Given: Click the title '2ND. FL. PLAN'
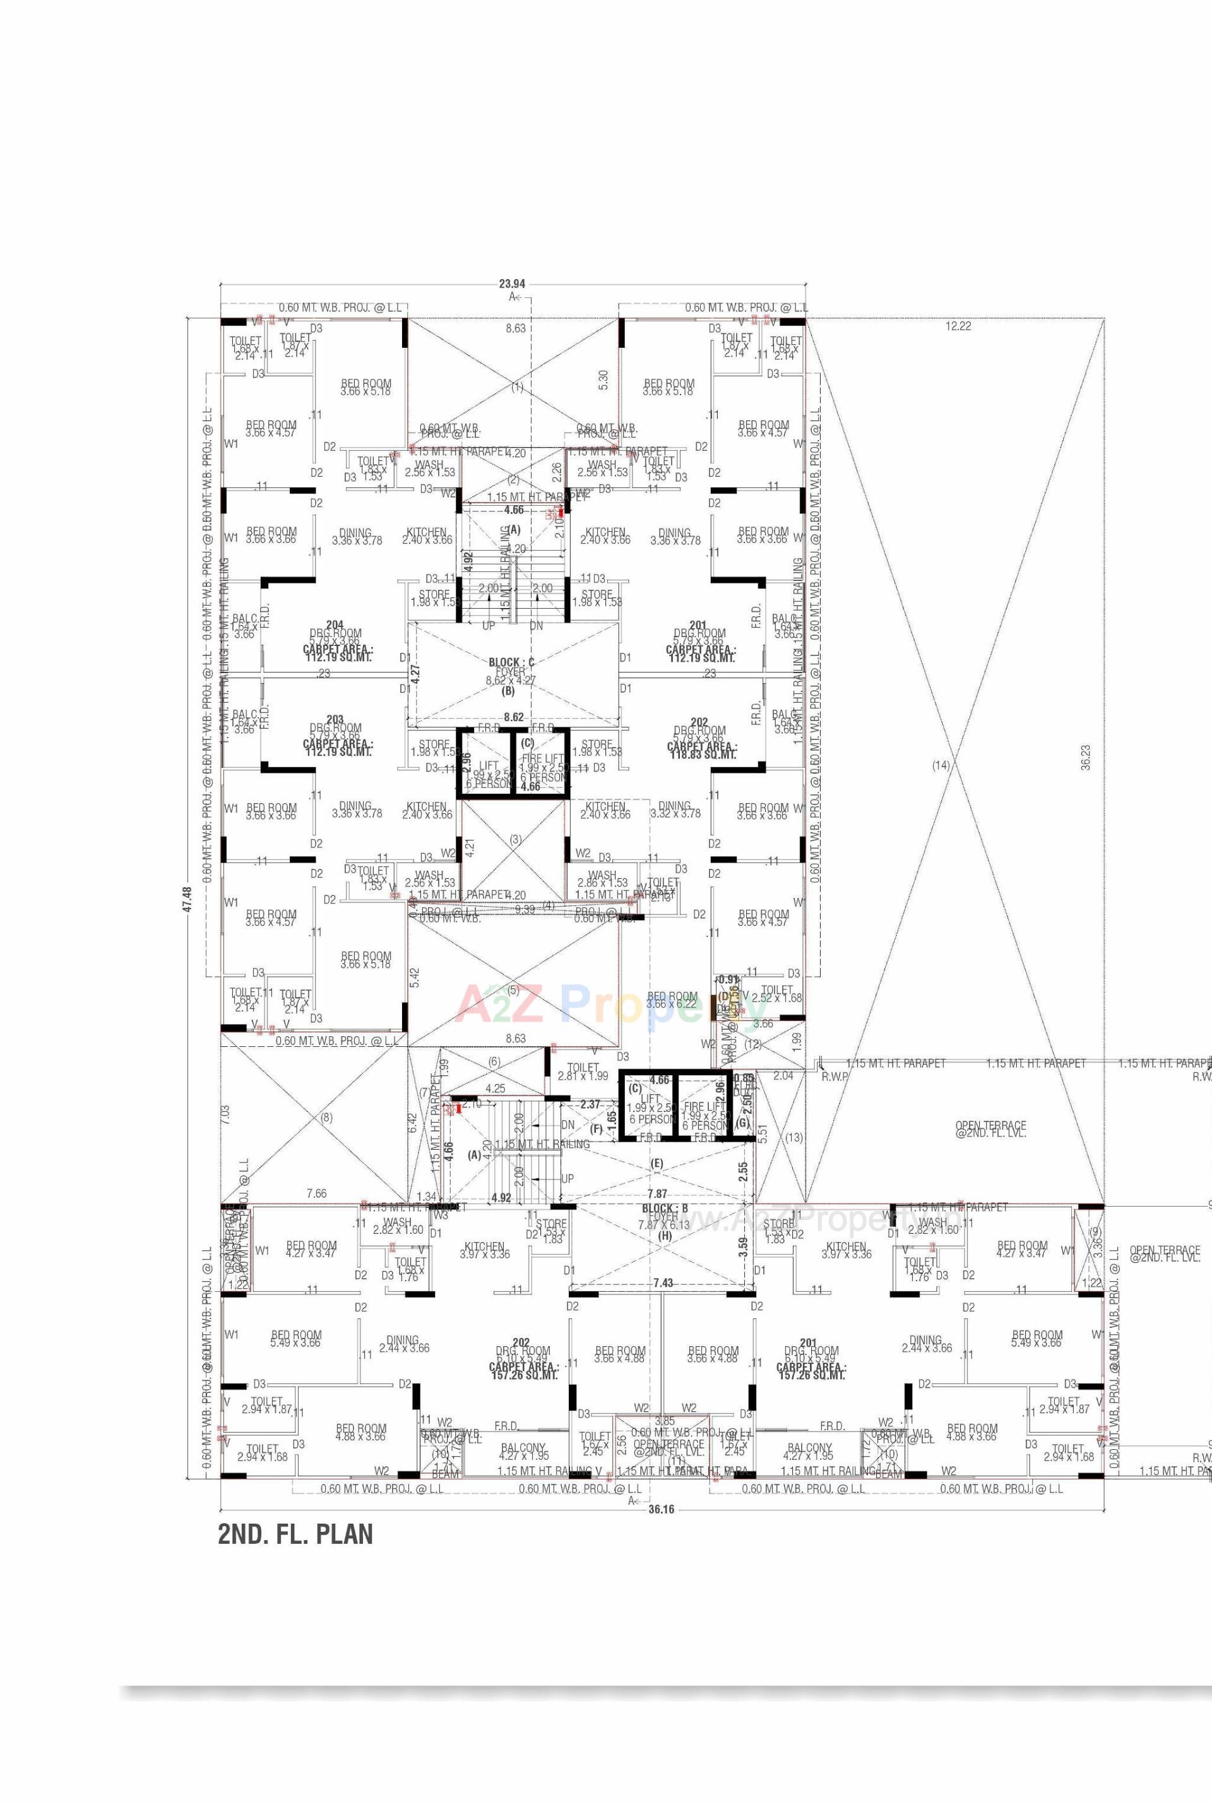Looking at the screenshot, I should pyautogui.click(x=295, y=1534).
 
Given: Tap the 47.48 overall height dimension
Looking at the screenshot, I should pyautogui.click(x=186, y=899).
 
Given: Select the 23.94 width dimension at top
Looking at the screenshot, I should pyautogui.click(x=512, y=284).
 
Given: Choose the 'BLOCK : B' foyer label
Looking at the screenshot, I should pyautogui.click(x=664, y=1208).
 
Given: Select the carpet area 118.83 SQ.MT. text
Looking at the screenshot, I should pyautogui.click(x=702, y=753).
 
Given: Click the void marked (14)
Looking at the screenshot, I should pyautogui.click(x=940, y=765).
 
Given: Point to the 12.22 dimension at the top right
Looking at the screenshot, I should pyautogui.click(x=958, y=326).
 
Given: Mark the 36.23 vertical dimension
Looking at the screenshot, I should pyautogui.click(x=1086, y=758).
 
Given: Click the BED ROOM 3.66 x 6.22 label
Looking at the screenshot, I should pyautogui.click(x=672, y=1000).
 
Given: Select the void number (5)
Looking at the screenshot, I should pyautogui.click(x=513, y=989).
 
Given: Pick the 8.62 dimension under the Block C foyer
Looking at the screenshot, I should pyautogui.click(x=513, y=717).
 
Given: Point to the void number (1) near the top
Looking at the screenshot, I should pyautogui.click(x=517, y=386).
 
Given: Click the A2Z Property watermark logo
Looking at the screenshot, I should pyautogui.click(x=603, y=1003).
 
